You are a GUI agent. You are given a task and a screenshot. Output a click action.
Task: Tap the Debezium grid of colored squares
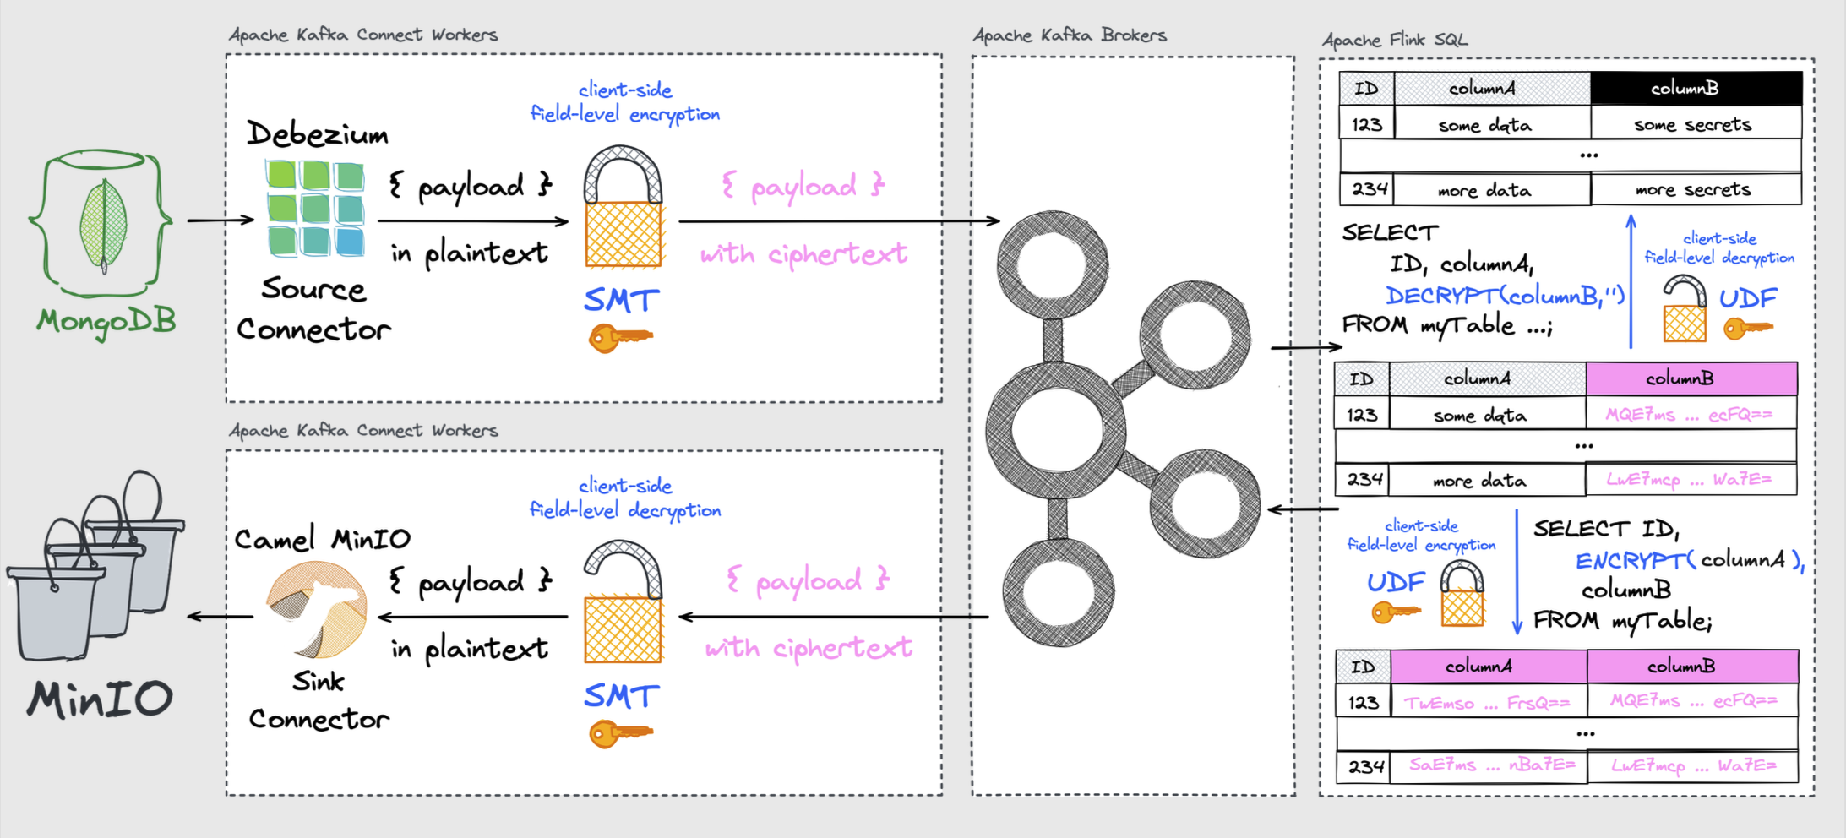tap(315, 209)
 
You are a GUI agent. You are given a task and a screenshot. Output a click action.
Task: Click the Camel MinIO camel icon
tap(316, 608)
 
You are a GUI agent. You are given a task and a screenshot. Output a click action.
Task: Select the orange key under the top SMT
tap(619, 338)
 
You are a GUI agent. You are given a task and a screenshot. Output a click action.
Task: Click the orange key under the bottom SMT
tap(619, 733)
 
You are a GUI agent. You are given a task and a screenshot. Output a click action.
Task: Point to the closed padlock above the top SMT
tap(623, 208)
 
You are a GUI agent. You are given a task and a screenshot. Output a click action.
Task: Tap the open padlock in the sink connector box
tap(623, 603)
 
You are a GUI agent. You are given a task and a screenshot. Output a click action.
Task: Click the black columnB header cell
tap(1696, 89)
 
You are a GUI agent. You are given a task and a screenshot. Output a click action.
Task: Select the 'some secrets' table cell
tap(1693, 125)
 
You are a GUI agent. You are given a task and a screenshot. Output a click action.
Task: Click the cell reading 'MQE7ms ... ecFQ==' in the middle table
tap(1689, 415)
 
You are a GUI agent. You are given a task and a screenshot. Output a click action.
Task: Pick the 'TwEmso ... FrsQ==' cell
tap(1487, 703)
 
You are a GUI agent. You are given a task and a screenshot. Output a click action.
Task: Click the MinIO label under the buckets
tap(100, 699)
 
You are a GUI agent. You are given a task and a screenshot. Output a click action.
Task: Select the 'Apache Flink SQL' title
tap(1395, 40)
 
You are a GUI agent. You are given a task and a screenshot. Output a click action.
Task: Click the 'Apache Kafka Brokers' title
tap(1070, 35)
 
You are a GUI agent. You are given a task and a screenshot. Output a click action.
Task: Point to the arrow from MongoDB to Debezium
tap(221, 220)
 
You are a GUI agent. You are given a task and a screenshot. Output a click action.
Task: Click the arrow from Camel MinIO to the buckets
tap(220, 617)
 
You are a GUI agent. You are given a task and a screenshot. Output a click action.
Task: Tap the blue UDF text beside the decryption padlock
tap(1748, 298)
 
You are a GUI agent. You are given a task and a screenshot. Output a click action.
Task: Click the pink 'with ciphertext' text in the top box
tap(803, 253)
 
